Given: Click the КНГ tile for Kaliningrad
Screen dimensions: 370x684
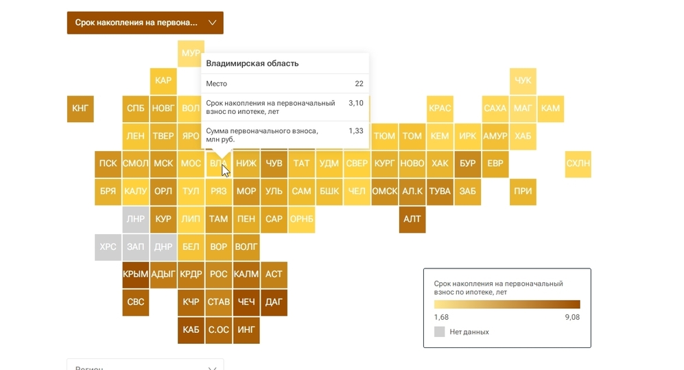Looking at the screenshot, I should (80, 108).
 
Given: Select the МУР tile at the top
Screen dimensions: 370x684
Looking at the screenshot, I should (190, 54).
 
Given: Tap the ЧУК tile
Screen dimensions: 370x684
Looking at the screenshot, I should (523, 81).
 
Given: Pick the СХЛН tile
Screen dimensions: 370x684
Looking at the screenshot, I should (578, 163).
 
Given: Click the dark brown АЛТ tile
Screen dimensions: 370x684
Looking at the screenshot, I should (412, 219).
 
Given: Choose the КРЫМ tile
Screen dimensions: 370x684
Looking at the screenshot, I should (135, 274).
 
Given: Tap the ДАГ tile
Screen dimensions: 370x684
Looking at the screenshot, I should (274, 301).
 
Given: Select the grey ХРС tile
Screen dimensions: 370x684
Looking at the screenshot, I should (108, 246).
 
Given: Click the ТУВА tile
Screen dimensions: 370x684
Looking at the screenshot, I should (440, 192).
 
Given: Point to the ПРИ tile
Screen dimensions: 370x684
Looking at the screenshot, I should (523, 192).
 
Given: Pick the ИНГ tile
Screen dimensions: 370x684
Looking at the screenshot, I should (246, 329).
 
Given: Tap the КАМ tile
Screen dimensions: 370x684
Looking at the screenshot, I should (550, 108).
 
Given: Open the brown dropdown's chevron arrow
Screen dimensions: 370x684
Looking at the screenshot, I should (213, 23).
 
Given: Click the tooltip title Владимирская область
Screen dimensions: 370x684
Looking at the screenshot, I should (252, 64).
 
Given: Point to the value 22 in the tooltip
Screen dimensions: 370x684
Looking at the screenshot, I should (359, 84).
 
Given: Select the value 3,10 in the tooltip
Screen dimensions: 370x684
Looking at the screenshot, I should (355, 103).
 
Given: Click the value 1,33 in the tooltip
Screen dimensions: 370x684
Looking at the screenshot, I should (355, 131).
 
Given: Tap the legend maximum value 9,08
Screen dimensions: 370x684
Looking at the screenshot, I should (571, 317).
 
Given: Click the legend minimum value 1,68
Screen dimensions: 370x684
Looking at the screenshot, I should (442, 317).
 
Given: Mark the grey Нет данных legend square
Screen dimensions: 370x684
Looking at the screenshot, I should (440, 332).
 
